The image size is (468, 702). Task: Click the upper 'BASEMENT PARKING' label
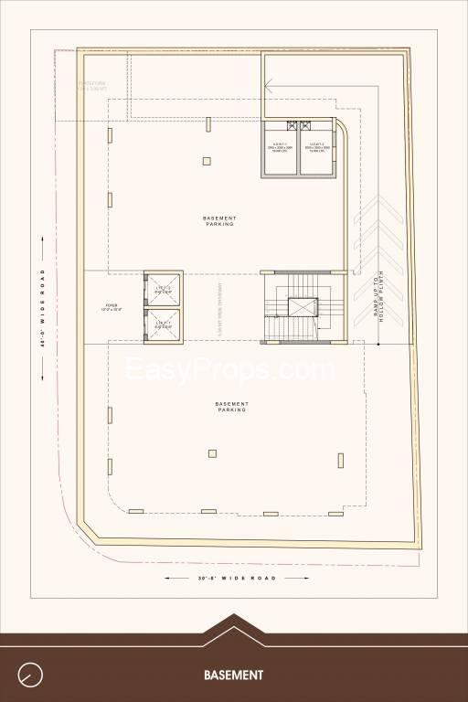pyautogui.click(x=219, y=220)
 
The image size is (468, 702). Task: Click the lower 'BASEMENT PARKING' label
pyautogui.click(x=231, y=407)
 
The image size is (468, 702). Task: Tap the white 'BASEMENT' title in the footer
pyautogui.click(x=233, y=675)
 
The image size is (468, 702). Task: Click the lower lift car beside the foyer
pyautogui.click(x=163, y=324)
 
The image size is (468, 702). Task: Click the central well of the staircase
pyautogui.click(x=300, y=306)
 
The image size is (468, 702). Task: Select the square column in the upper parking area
pyautogui.click(x=207, y=161)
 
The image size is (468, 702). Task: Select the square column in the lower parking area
pyautogui.click(x=212, y=452)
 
